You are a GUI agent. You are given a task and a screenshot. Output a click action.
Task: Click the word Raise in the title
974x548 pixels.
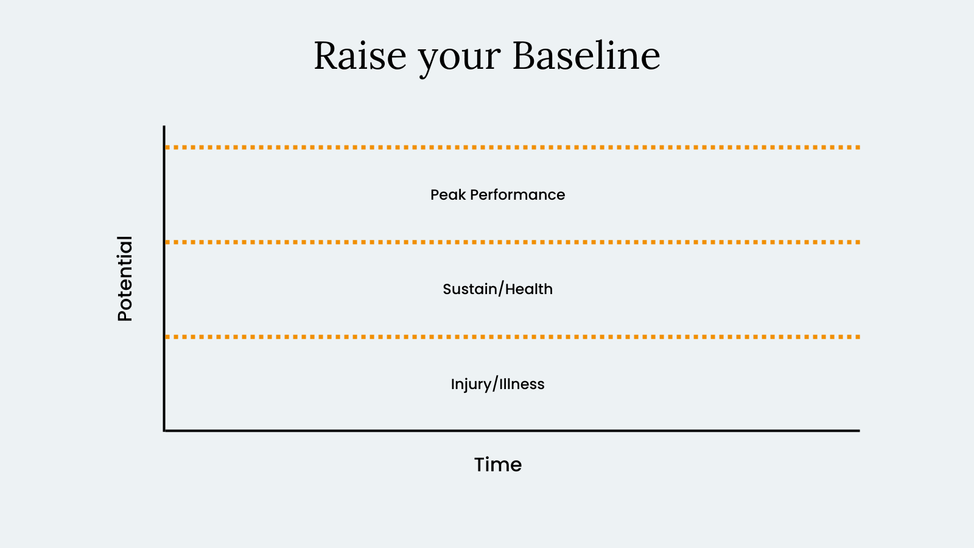[x=360, y=55]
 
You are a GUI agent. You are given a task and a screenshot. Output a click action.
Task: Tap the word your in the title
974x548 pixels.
[x=459, y=60]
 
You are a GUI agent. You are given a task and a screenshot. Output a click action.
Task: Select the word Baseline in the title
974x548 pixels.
[x=587, y=55]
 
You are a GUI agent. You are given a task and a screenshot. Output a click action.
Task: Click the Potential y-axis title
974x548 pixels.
[x=125, y=279]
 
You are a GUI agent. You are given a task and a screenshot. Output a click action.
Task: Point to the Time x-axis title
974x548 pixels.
[x=498, y=465]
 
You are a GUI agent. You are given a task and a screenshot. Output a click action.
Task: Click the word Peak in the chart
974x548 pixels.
[x=448, y=194]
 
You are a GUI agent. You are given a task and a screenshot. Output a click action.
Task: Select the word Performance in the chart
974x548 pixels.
[x=517, y=195]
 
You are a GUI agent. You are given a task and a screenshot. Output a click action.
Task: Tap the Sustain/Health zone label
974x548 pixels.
[x=498, y=289]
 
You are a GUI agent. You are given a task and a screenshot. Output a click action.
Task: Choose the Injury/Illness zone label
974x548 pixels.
[x=498, y=384]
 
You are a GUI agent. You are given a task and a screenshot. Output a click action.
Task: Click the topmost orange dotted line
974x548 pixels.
[x=513, y=147]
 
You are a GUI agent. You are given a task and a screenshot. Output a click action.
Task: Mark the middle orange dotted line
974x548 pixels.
[x=513, y=242]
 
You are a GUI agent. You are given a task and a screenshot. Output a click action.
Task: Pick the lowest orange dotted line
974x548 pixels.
[x=513, y=337]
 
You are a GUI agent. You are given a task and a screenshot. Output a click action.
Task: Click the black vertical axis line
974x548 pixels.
[x=164, y=278]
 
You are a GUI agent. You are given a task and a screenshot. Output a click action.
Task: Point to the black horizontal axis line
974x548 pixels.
[x=512, y=431]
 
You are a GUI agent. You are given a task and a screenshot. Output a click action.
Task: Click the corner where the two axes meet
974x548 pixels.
[x=164, y=431]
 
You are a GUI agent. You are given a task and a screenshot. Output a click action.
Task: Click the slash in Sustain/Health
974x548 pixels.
[x=502, y=289]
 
